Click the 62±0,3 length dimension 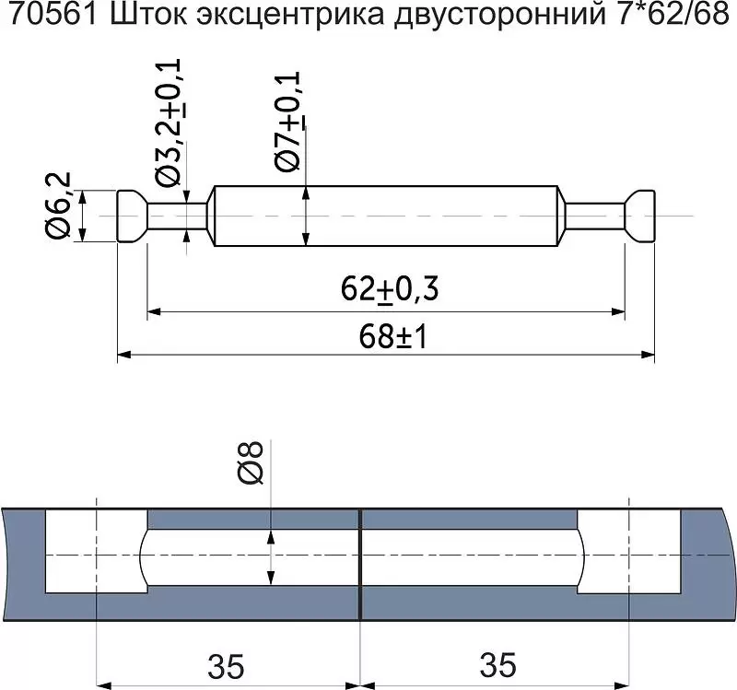(x=390, y=289)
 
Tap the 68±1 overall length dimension (x=393, y=336)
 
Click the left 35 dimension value (x=226, y=665)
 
